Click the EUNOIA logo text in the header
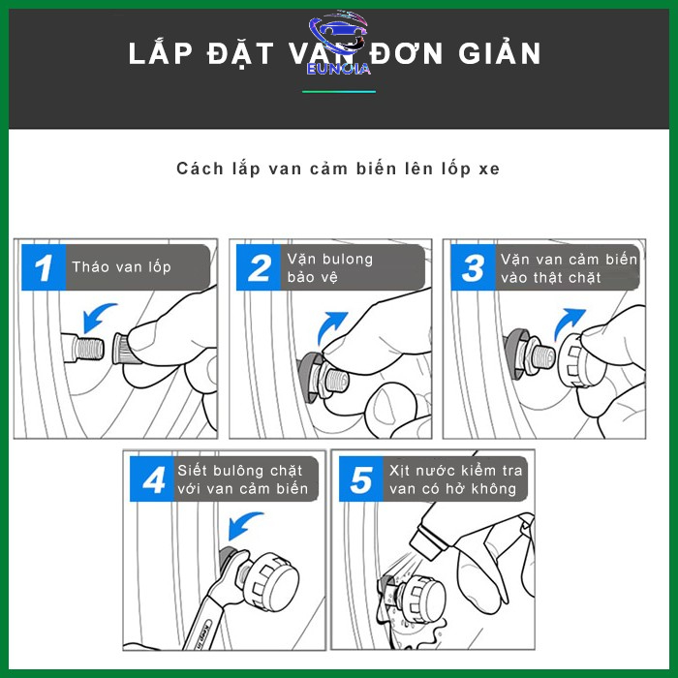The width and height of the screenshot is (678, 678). pyautogui.click(x=339, y=69)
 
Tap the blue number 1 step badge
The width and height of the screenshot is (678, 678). pyautogui.click(x=44, y=267)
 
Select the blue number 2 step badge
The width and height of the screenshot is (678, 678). pyautogui.click(x=259, y=267)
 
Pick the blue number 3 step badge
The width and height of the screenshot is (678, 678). pyautogui.click(x=473, y=267)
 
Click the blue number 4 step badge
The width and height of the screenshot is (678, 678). pyautogui.click(x=152, y=478)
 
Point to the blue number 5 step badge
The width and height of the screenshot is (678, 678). pyautogui.click(x=361, y=478)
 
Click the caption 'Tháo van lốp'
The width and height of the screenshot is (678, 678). pyautogui.click(x=121, y=267)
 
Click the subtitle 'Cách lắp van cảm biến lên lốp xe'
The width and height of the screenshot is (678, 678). pyautogui.click(x=338, y=169)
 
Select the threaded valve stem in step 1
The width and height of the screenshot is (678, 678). pyautogui.click(x=83, y=348)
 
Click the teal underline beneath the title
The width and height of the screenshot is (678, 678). pyautogui.click(x=339, y=92)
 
